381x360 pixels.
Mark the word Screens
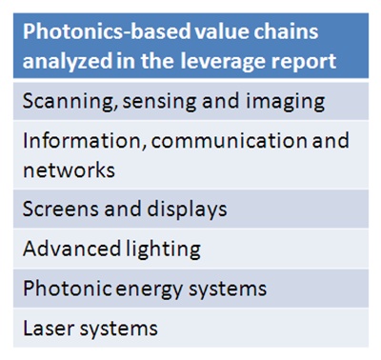pos(55,210)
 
